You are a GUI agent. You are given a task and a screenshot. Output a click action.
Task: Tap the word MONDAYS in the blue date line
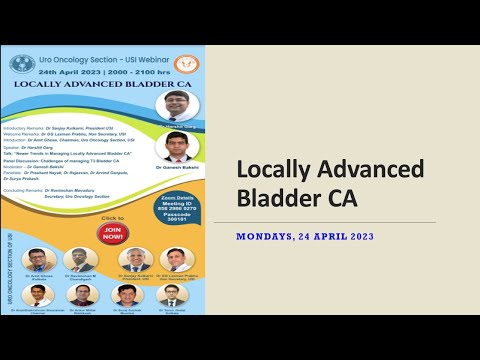(272, 237)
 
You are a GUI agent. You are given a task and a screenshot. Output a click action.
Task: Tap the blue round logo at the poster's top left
(22, 64)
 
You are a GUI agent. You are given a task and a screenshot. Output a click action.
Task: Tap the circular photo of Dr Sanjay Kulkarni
(133, 260)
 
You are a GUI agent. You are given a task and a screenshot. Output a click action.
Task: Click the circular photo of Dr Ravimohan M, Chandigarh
(81, 260)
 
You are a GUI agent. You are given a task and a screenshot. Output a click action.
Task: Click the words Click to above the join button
(112, 217)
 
